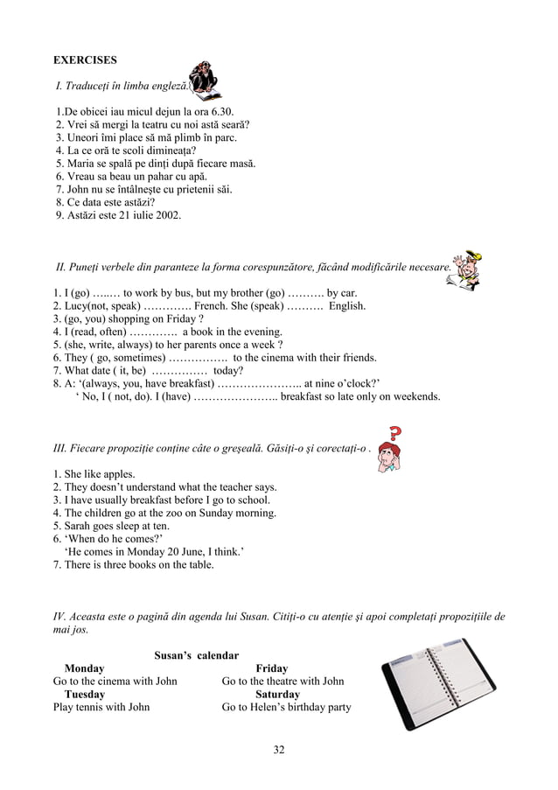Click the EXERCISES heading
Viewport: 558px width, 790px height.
85,60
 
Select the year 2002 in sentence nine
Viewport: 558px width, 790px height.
170,214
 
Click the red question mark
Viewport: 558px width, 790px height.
395,434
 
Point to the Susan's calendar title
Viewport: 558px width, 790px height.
197,655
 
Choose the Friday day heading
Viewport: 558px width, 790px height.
271,668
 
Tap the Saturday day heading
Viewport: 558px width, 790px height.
277,695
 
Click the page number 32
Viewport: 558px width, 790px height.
279,750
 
